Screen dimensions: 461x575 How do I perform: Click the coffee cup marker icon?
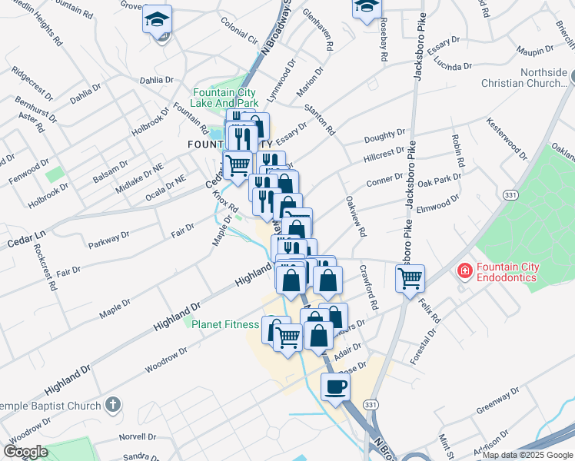pyautogui.click(x=335, y=387)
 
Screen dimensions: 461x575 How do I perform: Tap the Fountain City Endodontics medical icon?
pyautogui.click(x=464, y=270)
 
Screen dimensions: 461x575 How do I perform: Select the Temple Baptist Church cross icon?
pyautogui.click(x=113, y=404)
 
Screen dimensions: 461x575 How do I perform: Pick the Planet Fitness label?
pyautogui.click(x=225, y=324)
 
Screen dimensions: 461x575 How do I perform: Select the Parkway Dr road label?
pyautogui.click(x=108, y=239)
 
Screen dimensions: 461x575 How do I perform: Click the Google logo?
pyautogui.click(x=26, y=451)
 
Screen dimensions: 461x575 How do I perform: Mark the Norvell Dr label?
pyautogui.click(x=138, y=436)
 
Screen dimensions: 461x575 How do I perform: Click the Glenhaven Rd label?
pyautogui.click(x=317, y=29)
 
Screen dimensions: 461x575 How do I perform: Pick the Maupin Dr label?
pyautogui.click(x=535, y=51)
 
